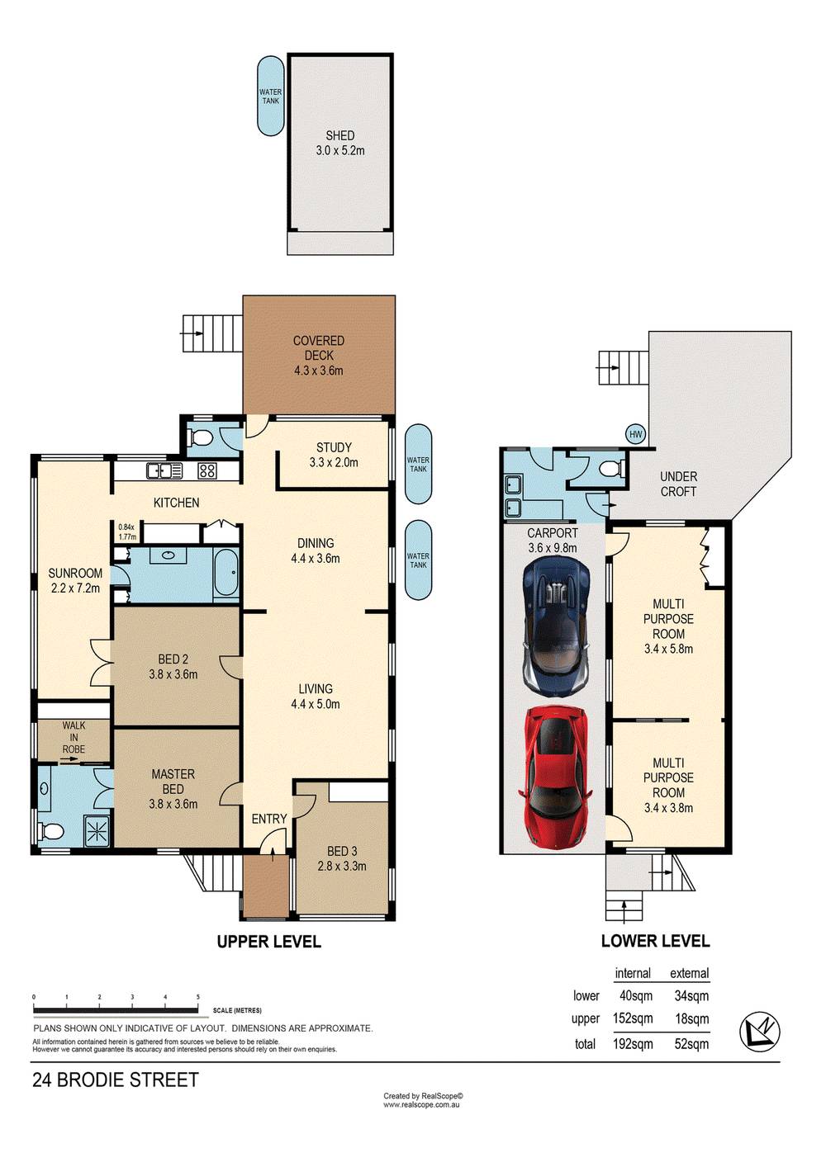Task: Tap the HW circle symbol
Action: click(x=635, y=434)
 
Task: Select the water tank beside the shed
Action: click(x=270, y=97)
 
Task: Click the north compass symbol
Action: click(x=760, y=1031)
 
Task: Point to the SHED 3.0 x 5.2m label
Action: click(x=339, y=143)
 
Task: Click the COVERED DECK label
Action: click(x=319, y=355)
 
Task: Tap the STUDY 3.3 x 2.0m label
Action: click(x=334, y=455)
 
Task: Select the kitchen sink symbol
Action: click(x=164, y=470)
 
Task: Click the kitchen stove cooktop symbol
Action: click(x=207, y=470)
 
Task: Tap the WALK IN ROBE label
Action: click(x=74, y=738)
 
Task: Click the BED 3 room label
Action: click(x=342, y=858)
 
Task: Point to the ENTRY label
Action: click(x=269, y=819)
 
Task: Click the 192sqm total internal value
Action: click(x=633, y=1044)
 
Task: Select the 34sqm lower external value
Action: click(x=691, y=996)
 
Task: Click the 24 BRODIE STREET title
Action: click(x=116, y=1080)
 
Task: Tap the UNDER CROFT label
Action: click(x=678, y=484)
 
